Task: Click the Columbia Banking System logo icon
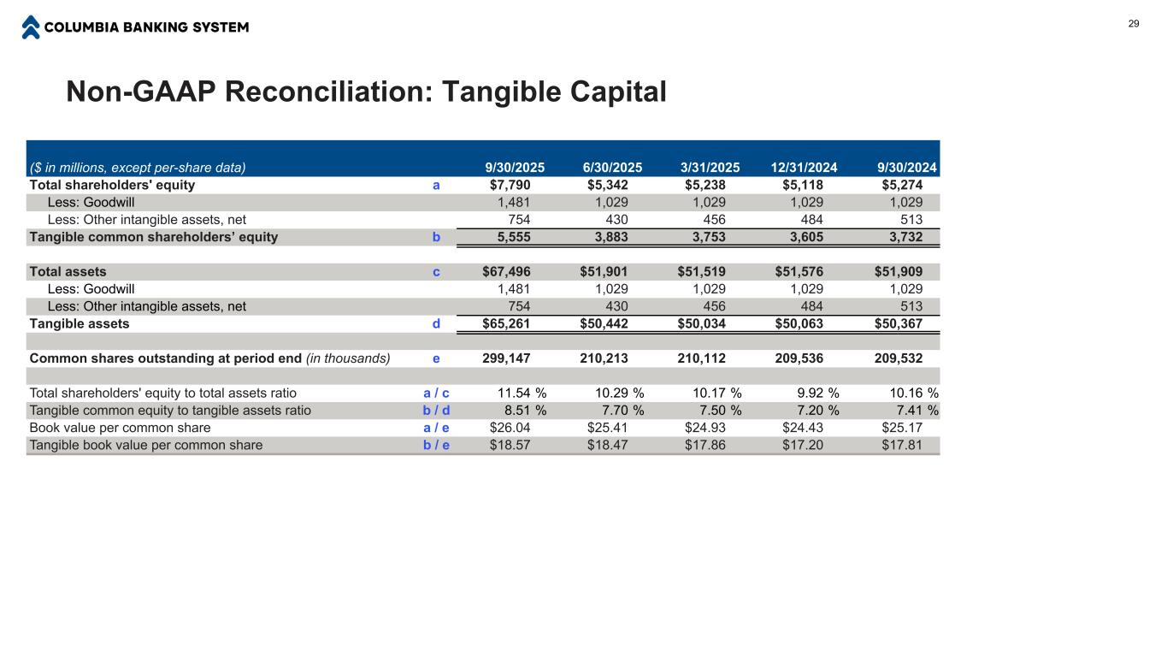tap(31, 27)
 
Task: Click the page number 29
tap(1134, 24)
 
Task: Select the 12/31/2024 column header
tap(798, 168)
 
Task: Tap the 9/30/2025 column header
tap(515, 168)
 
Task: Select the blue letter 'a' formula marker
tap(436, 185)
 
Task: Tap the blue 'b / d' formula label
tap(436, 411)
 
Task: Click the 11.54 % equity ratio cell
tap(522, 394)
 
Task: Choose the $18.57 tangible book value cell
tap(510, 445)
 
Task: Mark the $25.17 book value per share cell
tap(902, 428)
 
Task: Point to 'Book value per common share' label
tap(120, 428)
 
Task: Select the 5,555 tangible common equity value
tap(514, 237)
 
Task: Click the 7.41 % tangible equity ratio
tap(914, 411)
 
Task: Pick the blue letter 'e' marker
tap(436, 358)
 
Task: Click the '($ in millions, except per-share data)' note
tap(138, 168)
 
